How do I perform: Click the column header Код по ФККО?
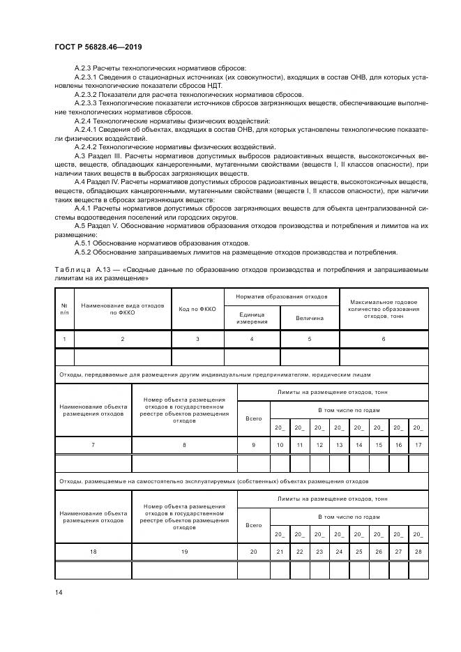(197, 309)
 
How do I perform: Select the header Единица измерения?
(251, 318)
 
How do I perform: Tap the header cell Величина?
(310, 319)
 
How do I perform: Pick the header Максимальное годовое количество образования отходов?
(384, 309)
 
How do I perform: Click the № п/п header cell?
(64, 309)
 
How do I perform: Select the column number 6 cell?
(384, 339)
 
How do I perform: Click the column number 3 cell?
(197, 339)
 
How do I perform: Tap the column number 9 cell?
(254, 445)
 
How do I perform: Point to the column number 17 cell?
(418, 445)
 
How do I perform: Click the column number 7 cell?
(93, 445)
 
